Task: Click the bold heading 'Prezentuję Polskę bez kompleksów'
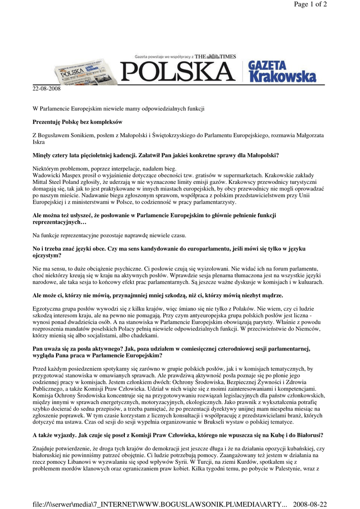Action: pyautogui.click(x=78, y=122)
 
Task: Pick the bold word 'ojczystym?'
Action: pyautogui.click(x=47, y=255)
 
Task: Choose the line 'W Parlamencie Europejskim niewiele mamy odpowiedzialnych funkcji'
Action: pyautogui.click(x=119, y=108)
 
